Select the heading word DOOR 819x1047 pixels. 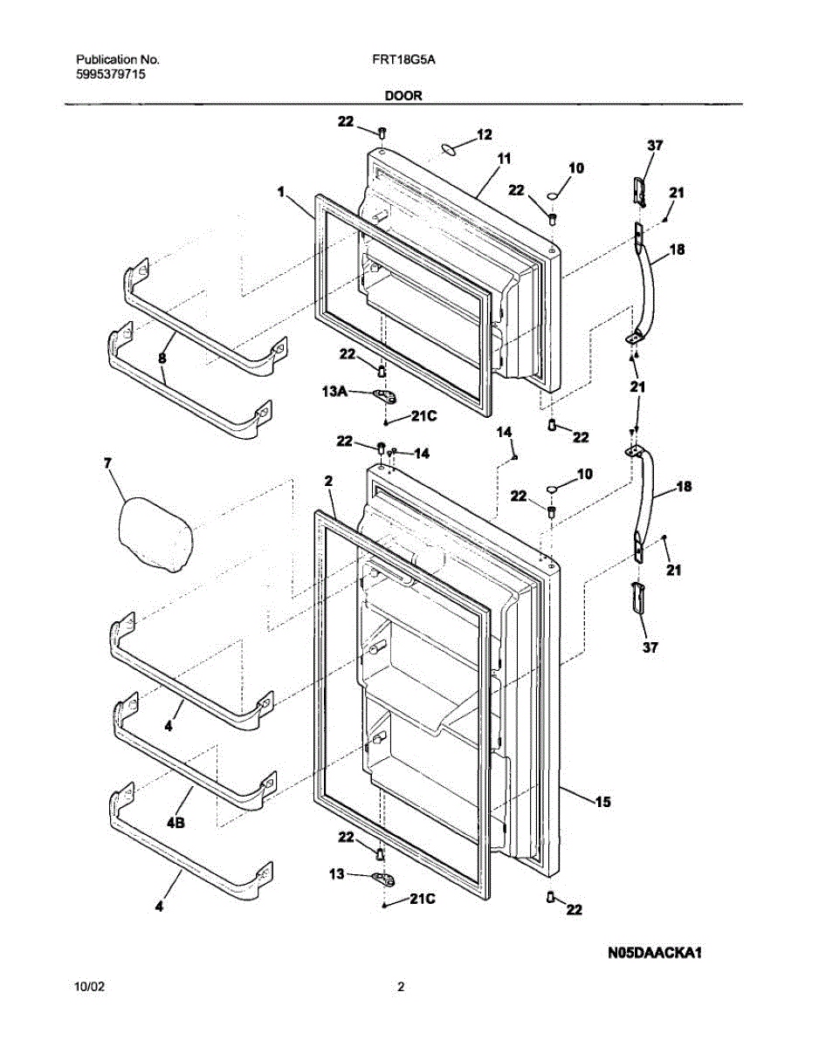(x=403, y=97)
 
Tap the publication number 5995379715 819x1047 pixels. (x=111, y=75)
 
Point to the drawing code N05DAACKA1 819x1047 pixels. (x=656, y=954)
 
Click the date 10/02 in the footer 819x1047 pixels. (x=91, y=988)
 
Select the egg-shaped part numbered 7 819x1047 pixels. (x=155, y=534)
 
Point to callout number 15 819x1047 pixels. (x=602, y=801)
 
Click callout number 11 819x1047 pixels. (x=504, y=159)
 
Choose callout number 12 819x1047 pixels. (x=484, y=134)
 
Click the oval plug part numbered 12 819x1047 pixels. (x=450, y=150)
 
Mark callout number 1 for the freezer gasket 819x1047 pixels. (x=281, y=189)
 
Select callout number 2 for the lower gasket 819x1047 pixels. (x=328, y=481)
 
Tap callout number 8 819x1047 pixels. (x=162, y=358)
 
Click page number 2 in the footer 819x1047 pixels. (x=401, y=988)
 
